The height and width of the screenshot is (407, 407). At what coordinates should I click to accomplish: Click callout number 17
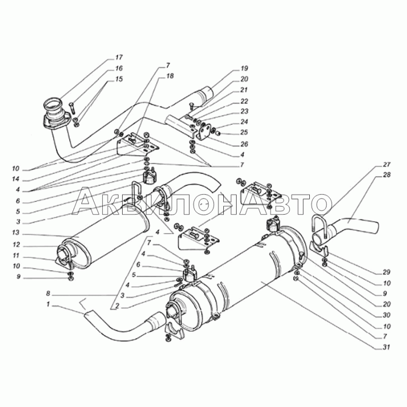coord(119,57)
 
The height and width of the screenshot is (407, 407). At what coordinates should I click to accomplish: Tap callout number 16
coord(119,69)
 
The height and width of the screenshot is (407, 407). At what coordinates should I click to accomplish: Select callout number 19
coord(244,69)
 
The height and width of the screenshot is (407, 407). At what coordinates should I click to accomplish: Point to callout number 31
coord(387,347)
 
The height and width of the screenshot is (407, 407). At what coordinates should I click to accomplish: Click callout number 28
coord(387,175)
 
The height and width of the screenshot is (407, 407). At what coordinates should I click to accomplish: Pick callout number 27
coord(387,164)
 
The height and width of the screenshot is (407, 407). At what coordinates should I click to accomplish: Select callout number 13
coord(16,232)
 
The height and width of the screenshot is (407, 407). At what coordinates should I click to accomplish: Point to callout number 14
coord(16,180)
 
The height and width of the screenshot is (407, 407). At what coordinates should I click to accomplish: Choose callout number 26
coord(244,144)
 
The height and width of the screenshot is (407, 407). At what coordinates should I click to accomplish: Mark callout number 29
coord(387,272)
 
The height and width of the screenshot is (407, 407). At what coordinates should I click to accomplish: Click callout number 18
coord(170,76)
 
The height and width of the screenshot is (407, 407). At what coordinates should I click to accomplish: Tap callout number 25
coord(244,132)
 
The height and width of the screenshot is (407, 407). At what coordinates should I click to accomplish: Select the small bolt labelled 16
coord(72,107)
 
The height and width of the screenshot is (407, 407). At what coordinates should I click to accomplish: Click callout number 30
coord(387,315)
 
